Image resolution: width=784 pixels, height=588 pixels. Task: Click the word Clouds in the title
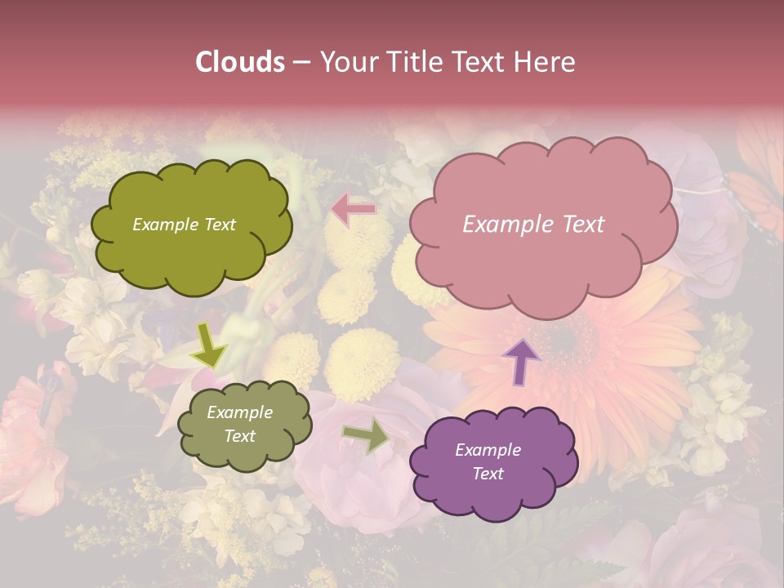[240, 61]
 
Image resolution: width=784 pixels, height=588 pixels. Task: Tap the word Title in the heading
[413, 61]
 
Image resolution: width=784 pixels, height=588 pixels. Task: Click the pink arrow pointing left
[354, 209]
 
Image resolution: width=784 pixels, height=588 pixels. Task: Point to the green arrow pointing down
[210, 345]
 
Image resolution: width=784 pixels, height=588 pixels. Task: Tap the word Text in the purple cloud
[488, 474]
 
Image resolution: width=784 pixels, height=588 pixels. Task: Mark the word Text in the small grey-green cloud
[240, 436]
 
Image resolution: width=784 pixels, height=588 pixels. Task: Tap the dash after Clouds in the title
[301, 62]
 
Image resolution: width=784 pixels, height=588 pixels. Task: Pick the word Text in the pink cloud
[581, 225]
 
